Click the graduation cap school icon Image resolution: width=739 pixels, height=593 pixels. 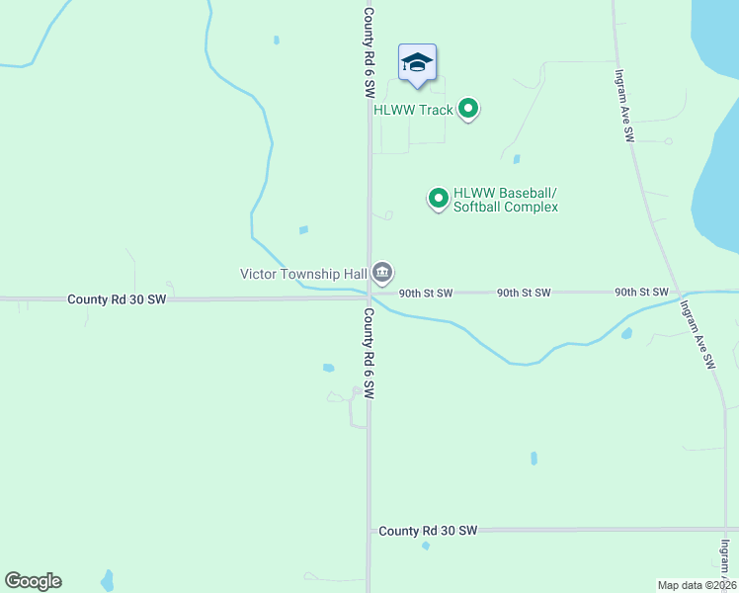coord(417,63)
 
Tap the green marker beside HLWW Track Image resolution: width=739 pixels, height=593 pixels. coord(469,109)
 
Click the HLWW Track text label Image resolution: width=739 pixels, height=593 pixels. coord(413,110)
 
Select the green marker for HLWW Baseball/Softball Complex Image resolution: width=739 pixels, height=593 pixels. coord(438,199)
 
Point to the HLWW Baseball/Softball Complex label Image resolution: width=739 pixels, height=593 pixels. coord(506,200)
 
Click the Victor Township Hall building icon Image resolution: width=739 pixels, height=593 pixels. coord(383,272)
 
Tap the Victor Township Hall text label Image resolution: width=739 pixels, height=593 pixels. coord(304,273)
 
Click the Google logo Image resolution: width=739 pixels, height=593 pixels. coord(33,581)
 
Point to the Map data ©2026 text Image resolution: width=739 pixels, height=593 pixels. coord(698,585)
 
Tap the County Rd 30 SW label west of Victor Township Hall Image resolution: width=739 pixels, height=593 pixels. coord(117,298)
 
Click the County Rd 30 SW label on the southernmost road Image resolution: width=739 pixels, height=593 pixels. coord(428,531)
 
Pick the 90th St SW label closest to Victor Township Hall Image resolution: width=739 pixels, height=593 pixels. coord(426,294)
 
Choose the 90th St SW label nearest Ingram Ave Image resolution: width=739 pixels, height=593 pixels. coord(641,293)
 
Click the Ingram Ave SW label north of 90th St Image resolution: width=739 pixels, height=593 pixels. coord(622,107)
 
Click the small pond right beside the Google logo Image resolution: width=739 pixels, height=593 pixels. coord(107,578)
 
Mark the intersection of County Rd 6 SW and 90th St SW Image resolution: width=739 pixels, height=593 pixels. coord(369,295)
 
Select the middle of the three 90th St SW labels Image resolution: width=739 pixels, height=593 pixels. coord(524,293)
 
